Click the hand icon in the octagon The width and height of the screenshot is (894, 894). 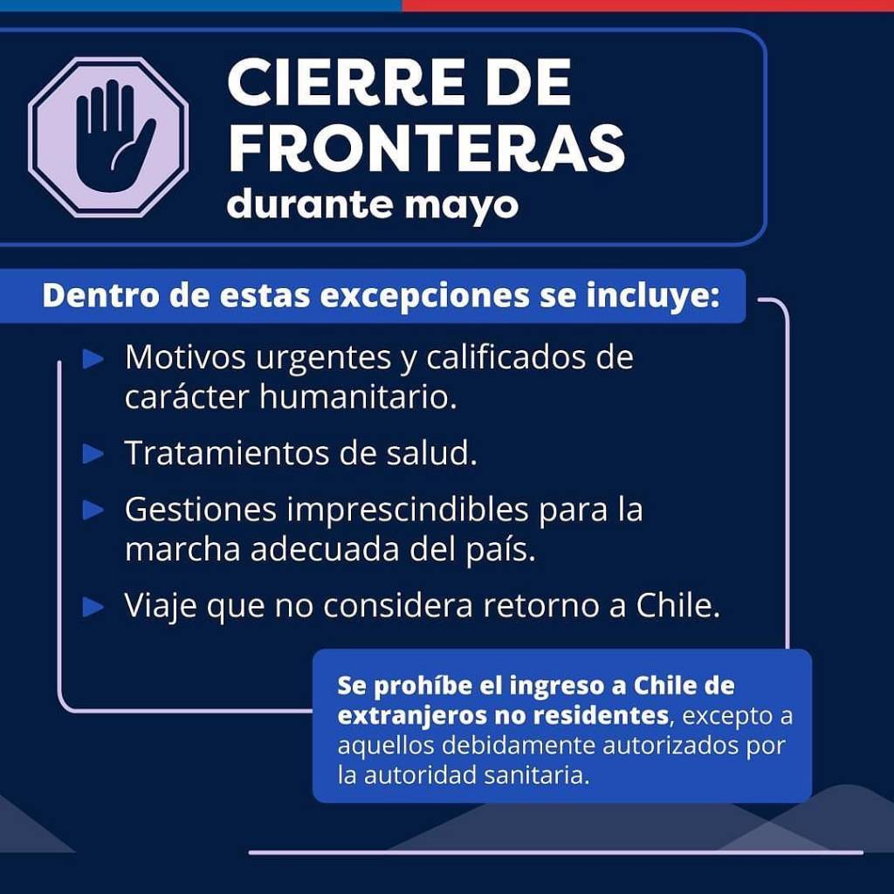click(114, 136)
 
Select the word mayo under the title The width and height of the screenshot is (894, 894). click(462, 206)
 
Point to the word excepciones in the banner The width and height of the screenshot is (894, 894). click(425, 297)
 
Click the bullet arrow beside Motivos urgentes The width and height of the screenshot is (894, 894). click(93, 359)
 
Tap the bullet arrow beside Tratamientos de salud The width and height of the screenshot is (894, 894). click(93, 454)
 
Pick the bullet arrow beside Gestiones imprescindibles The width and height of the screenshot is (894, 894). click(93, 510)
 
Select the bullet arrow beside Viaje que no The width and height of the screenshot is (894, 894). click(93, 607)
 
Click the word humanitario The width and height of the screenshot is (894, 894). click(358, 396)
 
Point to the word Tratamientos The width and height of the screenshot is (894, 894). click(227, 453)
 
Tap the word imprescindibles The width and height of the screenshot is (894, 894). click(407, 510)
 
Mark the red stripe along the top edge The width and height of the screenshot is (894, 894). click(648, 5)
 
